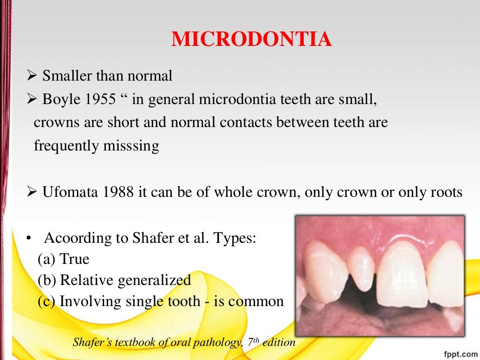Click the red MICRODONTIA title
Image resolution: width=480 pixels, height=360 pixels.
(252, 39)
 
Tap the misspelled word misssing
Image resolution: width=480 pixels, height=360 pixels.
(129, 146)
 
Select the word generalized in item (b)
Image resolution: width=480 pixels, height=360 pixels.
(154, 280)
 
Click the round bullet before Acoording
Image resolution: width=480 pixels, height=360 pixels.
(29, 238)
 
